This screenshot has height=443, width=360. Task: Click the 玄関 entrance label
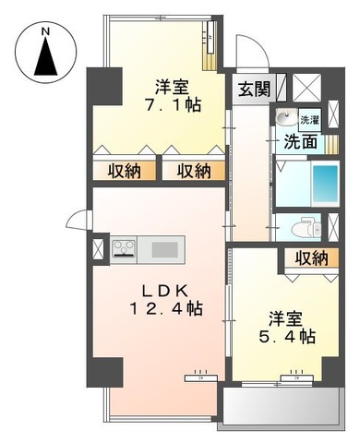click(x=254, y=90)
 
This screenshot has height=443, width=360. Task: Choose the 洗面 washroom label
click(x=299, y=142)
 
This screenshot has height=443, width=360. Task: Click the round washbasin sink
click(x=284, y=118)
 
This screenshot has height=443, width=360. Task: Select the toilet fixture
click(x=303, y=228)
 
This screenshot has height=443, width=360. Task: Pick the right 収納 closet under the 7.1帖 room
click(x=193, y=171)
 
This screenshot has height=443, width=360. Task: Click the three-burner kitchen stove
click(x=126, y=249)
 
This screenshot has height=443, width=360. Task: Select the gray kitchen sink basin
click(x=166, y=249)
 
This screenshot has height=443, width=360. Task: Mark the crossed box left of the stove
click(x=99, y=249)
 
